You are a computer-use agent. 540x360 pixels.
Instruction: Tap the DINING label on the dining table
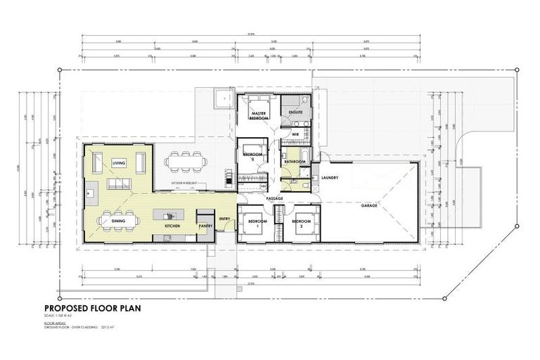click(x=118, y=220)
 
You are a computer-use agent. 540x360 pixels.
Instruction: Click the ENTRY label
click(x=225, y=219)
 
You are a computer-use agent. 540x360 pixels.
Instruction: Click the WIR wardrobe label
click(x=296, y=133)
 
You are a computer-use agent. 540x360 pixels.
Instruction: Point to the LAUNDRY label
click(x=330, y=178)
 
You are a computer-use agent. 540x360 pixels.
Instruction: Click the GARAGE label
click(x=370, y=206)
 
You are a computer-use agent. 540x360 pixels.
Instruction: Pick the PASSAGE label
click(x=275, y=198)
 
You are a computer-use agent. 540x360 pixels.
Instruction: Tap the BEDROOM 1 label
click(x=253, y=224)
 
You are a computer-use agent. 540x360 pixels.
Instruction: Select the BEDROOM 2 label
click(x=301, y=224)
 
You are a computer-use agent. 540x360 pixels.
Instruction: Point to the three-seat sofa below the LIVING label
click(x=118, y=184)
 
